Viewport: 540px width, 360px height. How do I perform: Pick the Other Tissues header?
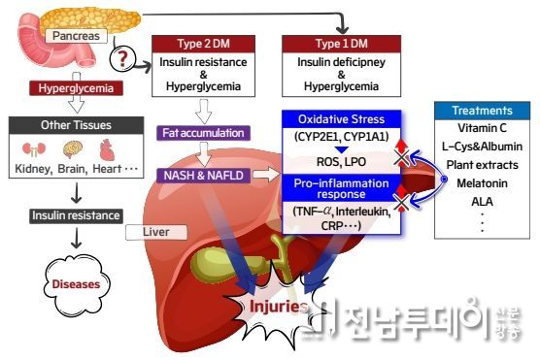click(x=69, y=126)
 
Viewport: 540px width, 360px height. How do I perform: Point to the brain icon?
click(x=72, y=150)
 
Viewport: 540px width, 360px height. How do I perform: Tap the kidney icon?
click(x=33, y=150)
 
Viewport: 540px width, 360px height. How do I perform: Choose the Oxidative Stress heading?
click(x=335, y=118)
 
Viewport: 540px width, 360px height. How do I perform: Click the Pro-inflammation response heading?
click(x=335, y=189)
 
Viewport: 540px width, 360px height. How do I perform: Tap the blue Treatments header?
click(x=480, y=111)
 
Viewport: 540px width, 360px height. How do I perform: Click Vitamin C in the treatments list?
click(x=480, y=128)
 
